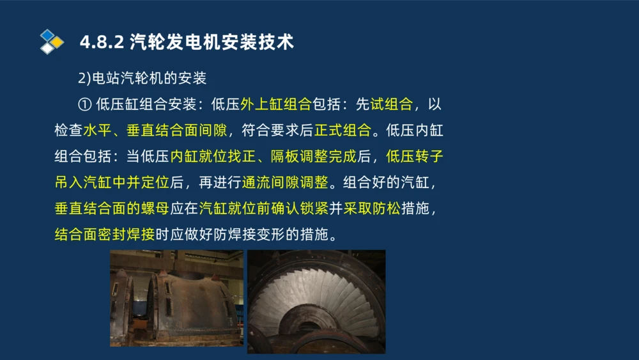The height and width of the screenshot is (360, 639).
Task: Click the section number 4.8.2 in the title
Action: pos(101,42)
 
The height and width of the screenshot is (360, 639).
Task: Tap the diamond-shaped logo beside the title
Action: pos(51,42)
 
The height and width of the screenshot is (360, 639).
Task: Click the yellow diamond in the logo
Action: pos(58,42)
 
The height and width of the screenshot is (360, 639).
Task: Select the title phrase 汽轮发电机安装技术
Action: pos(212,42)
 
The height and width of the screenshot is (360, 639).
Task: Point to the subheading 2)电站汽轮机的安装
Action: pos(142,78)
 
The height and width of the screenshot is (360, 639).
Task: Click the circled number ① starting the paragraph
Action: pos(85,104)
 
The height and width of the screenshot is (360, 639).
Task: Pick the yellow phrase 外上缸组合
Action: pos(275,104)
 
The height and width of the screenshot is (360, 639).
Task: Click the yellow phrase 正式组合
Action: pos(343,130)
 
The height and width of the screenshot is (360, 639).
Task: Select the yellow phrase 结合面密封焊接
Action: pos(105,235)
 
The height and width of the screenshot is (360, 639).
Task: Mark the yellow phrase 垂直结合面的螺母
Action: pos(112,208)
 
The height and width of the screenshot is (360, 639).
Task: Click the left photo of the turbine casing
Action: pos(176,298)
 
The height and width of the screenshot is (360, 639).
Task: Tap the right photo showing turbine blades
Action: pos(316,301)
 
